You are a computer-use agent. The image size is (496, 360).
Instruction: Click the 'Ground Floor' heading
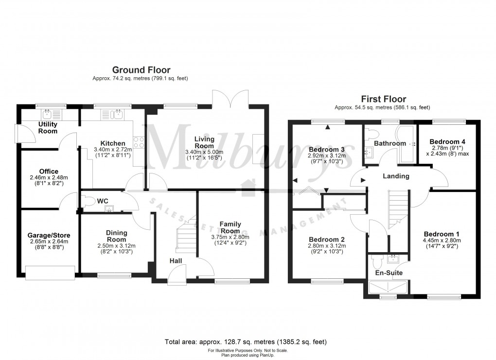pyautogui.click(x=141, y=70)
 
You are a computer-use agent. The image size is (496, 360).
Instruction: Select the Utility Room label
pyautogui.click(x=48, y=128)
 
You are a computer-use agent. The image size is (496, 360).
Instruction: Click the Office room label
pyautogui.click(x=49, y=171)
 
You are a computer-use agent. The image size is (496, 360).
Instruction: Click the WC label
pyautogui.click(x=103, y=201)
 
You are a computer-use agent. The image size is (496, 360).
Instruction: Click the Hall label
pyautogui.click(x=176, y=261)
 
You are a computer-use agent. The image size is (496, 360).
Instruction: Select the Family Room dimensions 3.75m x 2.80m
pyautogui.click(x=230, y=237)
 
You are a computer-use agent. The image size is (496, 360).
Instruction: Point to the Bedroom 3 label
pyautogui.click(x=326, y=149)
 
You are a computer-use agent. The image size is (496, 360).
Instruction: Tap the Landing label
pyautogui.click(x=395, y=176)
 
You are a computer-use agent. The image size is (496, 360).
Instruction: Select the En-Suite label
pyautogui.click(x=389, y=273)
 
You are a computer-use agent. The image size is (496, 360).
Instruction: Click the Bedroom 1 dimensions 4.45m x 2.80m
pyautogui.click(x=442, y=240)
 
